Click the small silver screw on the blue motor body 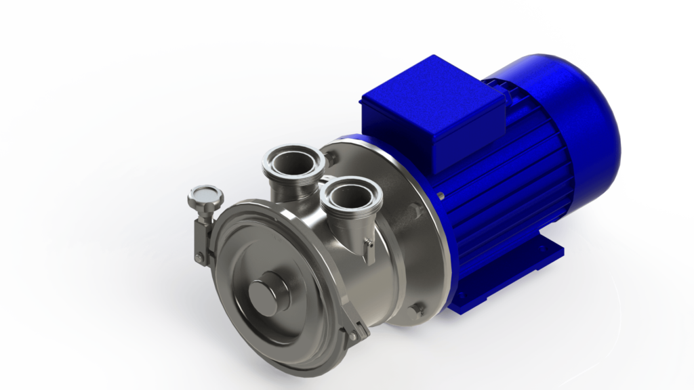coord(441,196)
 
